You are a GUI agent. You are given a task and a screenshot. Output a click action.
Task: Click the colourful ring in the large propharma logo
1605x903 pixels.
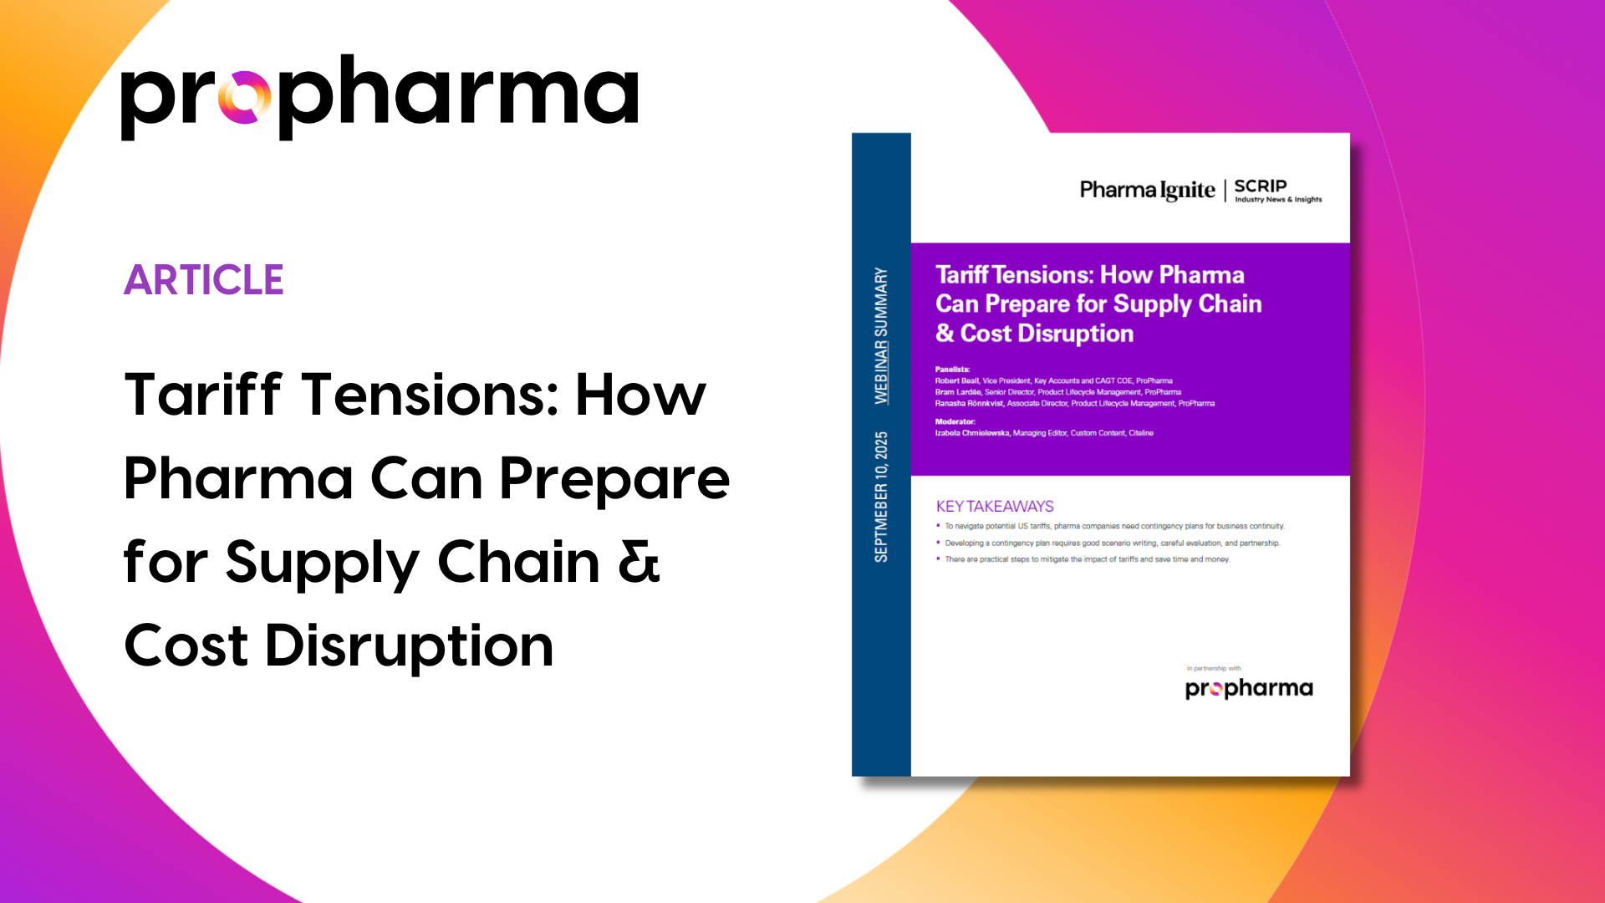[244, 98]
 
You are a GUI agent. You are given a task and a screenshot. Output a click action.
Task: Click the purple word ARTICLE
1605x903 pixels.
[204, 280]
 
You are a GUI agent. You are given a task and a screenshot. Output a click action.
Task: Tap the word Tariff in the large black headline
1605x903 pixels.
[203, 395]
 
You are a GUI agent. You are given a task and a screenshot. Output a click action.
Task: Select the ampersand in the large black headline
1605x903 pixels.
[639, 562]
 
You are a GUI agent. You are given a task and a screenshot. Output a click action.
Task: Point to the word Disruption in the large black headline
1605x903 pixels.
[409, 646]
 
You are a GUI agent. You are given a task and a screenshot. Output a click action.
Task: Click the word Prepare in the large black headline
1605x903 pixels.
[614, 479]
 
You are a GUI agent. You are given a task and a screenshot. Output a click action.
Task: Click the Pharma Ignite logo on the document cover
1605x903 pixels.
[1147, 191]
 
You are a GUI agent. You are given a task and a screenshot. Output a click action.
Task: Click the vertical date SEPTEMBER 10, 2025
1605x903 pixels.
[881, 497]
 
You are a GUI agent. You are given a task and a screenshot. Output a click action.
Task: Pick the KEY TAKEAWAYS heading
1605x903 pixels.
[995, 507]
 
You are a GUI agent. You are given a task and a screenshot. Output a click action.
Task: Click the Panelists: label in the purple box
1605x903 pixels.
[952, 370]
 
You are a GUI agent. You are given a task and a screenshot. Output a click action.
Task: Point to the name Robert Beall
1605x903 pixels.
[956, 381]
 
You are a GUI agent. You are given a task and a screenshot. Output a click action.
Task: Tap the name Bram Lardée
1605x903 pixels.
[958, 392]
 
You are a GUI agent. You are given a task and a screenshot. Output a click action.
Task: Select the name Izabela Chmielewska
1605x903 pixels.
[971, 433]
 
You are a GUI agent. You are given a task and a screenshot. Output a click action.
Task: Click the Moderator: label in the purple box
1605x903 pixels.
[955, 422]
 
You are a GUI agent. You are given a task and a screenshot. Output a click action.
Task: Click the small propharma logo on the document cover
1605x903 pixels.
[1249, 688]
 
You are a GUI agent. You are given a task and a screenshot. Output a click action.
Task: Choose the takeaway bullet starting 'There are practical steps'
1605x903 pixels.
[1087, 559]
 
